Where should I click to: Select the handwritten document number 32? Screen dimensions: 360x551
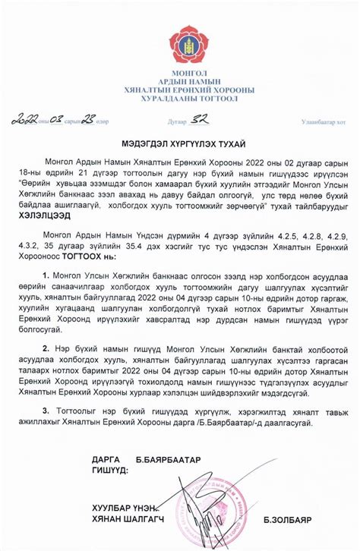coord(203,119)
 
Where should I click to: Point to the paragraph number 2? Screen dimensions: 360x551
coord(46,355)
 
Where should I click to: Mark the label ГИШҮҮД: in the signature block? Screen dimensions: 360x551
coord(110,471)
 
